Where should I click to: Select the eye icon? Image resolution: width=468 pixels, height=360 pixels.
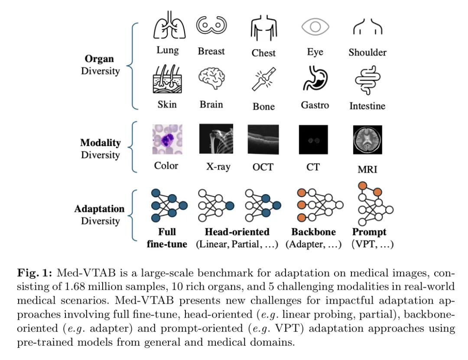315,27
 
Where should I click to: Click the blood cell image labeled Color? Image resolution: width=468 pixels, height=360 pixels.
167,139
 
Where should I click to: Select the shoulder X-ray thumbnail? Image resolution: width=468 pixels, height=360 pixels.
216,139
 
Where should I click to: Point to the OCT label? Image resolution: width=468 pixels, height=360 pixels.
263,167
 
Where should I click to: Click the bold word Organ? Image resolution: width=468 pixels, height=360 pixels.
99,59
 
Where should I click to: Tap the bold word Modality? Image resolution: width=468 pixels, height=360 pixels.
100,143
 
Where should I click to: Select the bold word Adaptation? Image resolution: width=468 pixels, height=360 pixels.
99,209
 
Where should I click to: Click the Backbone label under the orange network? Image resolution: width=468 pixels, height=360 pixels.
313,232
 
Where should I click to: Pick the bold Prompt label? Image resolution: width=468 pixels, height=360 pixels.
369,232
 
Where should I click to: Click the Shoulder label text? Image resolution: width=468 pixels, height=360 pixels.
367,53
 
